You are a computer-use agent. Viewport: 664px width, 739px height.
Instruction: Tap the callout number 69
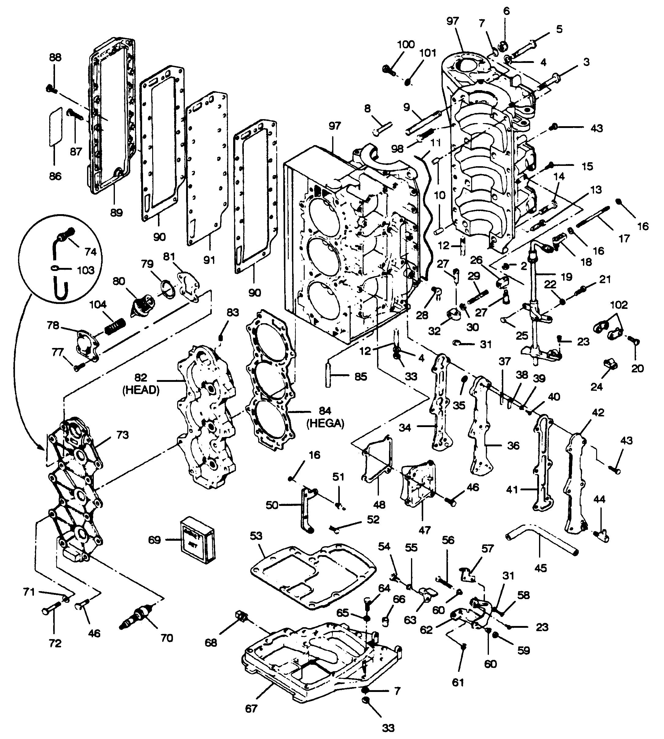click(155, 540)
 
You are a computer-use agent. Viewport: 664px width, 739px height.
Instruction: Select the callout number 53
click(256, 536)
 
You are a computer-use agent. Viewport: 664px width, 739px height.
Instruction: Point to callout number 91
click(209, 260)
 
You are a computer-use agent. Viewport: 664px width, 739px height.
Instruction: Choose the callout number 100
click(406, 45)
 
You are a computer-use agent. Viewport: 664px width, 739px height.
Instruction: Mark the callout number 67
click(251, 708)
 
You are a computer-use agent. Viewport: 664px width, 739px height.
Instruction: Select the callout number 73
click(123, 435)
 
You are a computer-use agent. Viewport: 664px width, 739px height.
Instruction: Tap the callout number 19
click(566, 277)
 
